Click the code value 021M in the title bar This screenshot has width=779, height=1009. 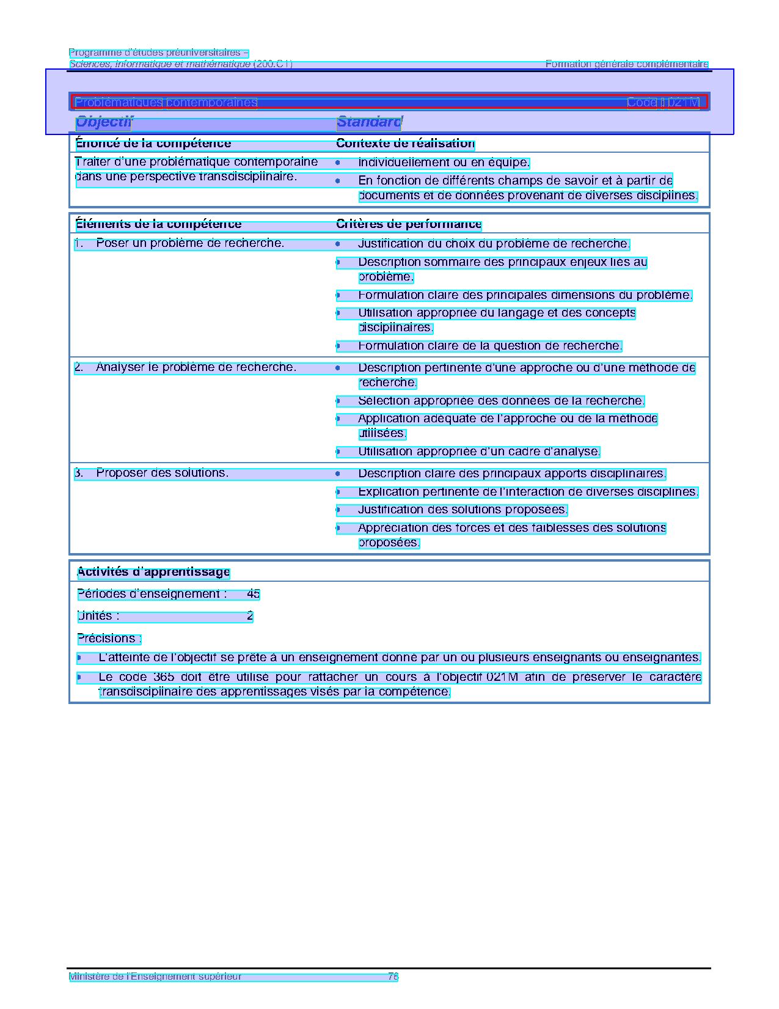[x=683, y=103]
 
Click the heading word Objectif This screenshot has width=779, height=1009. [x=103, y=122]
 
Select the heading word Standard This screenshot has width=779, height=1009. [x=369, y=122]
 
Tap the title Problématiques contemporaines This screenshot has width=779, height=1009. [x=166, y=103]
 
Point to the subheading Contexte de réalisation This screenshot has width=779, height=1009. [x=405, y=144]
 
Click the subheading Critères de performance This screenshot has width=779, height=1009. [x=409, y=224]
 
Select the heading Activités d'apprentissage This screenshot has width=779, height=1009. [x=153, y=572]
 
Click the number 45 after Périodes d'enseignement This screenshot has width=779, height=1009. [x=254, y=594]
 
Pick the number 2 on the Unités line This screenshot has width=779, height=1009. [x=250, y=616]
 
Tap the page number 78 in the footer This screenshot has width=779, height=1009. [x=393, y=977]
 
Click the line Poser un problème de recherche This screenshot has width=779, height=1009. [x=189, y=244]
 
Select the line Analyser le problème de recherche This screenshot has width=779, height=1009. [x=196, y=367]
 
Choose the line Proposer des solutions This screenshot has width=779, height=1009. [x=162, y=473]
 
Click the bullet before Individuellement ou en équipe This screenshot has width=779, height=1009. [x=337, y=163]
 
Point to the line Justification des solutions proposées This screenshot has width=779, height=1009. [x=463, y=510]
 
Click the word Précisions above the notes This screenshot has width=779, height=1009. [x=109, y=639]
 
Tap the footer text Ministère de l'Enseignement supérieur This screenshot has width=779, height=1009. [x=155, y=977]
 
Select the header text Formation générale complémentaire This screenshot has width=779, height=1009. [x=626, y=64]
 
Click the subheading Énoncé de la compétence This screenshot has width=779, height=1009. [x=153, y=144]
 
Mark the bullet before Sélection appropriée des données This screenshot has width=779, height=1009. [x=337, y=401]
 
